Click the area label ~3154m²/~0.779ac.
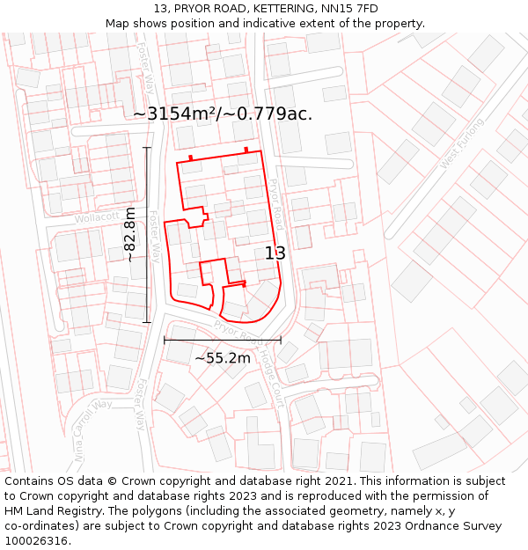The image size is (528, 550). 223,114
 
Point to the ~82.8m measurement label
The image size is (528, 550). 130,234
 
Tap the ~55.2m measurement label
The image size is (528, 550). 223,358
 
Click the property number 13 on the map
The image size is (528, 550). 275,253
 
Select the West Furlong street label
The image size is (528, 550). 461,143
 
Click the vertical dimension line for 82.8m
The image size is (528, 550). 147,235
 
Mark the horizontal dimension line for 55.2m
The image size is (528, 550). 223,340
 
